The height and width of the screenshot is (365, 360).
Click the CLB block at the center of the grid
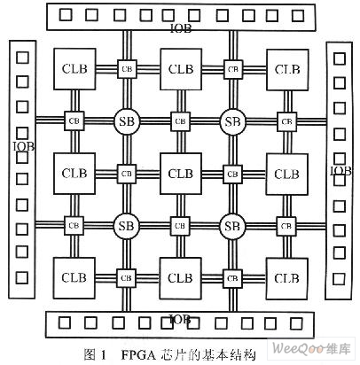point(181,174)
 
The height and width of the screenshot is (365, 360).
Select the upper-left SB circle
point(127,121)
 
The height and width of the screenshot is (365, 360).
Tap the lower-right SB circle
point(232,226)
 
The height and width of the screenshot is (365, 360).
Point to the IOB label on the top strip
point(181,28)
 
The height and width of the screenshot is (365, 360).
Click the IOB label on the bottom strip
point(180,319)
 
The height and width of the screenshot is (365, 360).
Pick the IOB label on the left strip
point(24,146)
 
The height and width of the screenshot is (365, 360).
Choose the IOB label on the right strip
point(340,171)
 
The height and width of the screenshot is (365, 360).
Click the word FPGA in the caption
point(138,355)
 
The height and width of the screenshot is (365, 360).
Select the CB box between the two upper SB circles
point(181,121)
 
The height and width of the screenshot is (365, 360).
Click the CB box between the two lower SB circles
point(180,226)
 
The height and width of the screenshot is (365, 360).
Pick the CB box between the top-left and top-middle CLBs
point(127,69)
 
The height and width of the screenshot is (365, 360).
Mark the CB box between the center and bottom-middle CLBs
point(180,226)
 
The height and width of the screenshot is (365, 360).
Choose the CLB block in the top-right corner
point(287,70)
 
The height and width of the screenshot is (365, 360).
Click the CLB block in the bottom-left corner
point(74,278)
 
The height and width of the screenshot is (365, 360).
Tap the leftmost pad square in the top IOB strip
point(66,14)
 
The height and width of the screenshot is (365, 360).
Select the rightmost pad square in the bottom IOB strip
point(296,323)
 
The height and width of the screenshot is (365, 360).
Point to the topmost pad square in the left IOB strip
point(22,58)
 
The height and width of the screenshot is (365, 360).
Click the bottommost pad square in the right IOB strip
point(339,278)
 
